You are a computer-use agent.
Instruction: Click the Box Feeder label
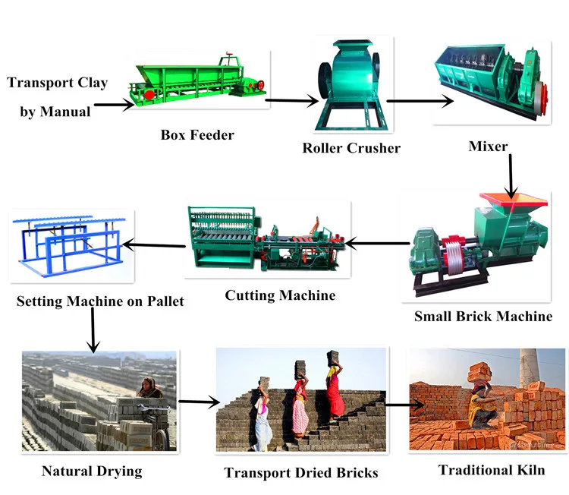[197, 135]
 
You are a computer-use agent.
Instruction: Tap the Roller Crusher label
[351, 148]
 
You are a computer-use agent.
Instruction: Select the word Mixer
[488, 147]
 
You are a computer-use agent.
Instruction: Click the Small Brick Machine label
[483, 317]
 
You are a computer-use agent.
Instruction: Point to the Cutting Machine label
[280, 295]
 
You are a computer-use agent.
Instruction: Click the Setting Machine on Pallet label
[100, 301]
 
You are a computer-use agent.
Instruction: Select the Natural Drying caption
[92, 471]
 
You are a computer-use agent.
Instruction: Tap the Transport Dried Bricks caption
[301, 473]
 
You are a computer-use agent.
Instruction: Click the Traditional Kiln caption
[492, 470]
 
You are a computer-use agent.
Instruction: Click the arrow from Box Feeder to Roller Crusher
[292, 101]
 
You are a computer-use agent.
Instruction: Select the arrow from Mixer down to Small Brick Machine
[511, 176]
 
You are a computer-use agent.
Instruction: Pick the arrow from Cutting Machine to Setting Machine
[155, 244]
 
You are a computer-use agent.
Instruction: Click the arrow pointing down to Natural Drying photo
[93, 330]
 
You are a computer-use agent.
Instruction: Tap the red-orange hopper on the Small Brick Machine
[513, 202]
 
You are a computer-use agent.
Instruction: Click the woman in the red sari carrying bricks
[335, 392]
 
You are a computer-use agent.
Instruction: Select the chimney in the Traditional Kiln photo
[529, 369]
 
